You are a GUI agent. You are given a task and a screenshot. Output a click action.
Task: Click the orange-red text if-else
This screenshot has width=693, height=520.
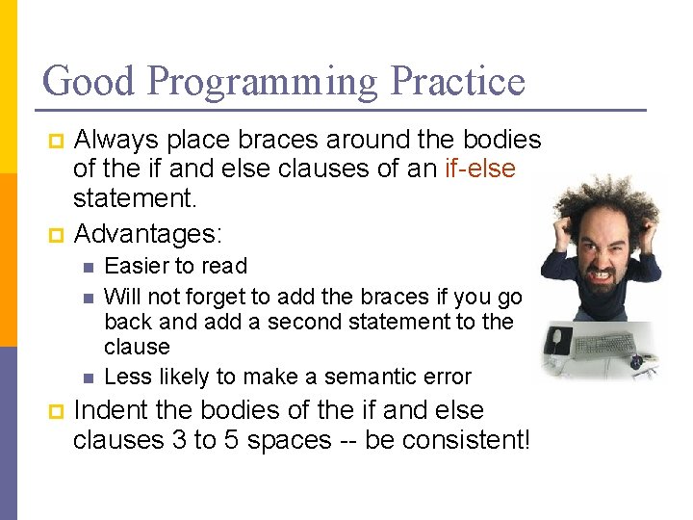(x=480, y=169)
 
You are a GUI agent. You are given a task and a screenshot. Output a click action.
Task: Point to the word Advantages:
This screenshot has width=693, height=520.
(x=147, y=233)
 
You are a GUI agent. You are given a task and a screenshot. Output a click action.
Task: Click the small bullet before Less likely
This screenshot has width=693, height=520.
(x=88, y=377)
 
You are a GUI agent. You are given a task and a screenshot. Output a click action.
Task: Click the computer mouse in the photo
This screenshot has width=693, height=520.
(x=558, y=340)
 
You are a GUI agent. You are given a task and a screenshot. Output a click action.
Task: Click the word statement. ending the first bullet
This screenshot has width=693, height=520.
(x=136, y=198)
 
